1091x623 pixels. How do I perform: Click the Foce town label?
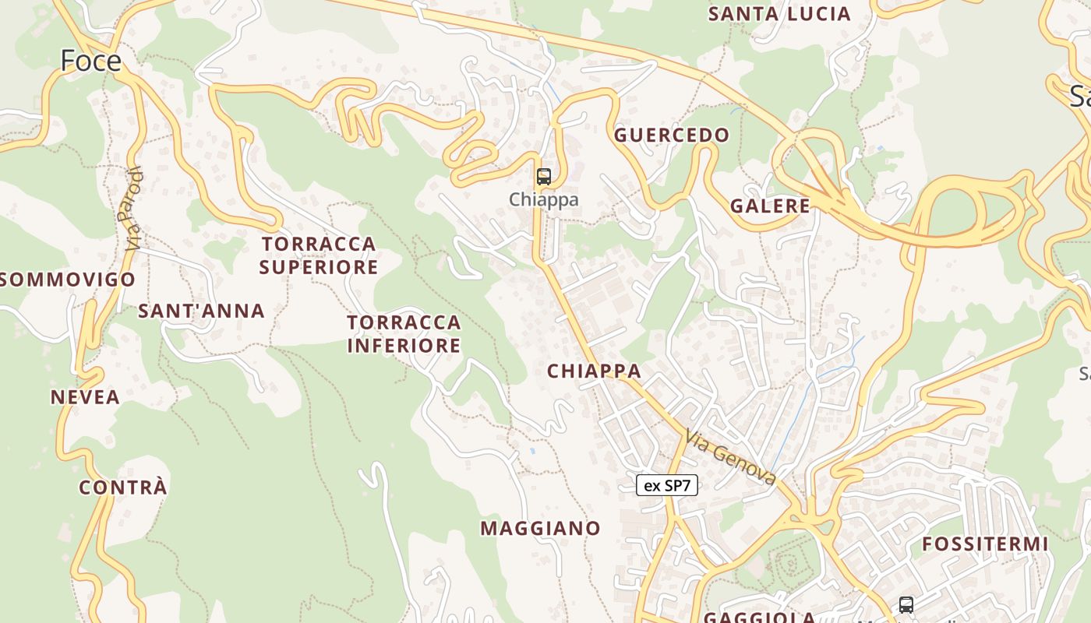click(x=91, y=60)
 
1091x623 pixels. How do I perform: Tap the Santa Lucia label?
click(x=779, y=14)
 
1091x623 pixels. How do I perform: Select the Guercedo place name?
click(x=672, y=136)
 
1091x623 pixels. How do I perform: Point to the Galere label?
click(x=770, y=206)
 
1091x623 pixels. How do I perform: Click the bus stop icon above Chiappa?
click(x=544, y=177)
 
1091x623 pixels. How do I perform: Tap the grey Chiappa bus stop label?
click(x=544, y=199)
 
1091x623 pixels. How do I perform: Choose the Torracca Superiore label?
click(x=319, y=255)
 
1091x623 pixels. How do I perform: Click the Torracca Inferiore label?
click(x=404, y=333)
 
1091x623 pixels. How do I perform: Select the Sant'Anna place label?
click(x=201, y=311)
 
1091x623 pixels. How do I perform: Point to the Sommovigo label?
click(x=69, y=280)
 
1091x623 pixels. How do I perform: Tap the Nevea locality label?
click(x=85, y=397)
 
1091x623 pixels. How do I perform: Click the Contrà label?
click(x=123, y=487)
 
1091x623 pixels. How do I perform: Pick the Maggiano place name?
click(x=540, y=529)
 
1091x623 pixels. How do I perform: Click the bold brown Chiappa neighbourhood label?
click(x=594, y=371)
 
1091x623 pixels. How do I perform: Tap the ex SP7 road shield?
click(x=667, y=486)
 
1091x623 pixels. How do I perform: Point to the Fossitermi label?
click(x=985, y=544)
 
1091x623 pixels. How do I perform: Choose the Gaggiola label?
click(x=759, y=618)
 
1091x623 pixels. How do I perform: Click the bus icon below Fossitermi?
click(x=906, y=604)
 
